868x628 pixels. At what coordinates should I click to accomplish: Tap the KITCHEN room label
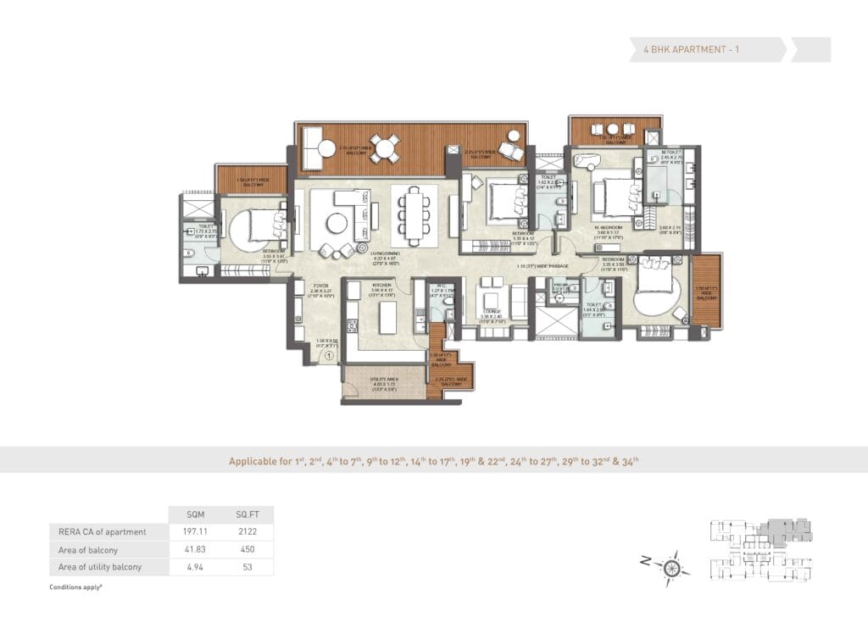tap(381, 285)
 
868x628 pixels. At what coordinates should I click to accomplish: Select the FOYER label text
tap(320, 286)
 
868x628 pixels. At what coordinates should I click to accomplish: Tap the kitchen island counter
tap(386, 318)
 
